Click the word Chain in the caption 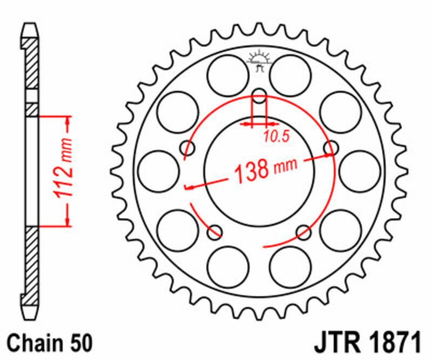[34, 344]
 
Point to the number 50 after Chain [81, 344]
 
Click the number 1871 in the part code [393, 344]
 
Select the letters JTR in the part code [337, 344]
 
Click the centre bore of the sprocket [259, 184]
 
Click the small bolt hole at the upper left [188, 148]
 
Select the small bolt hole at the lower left [215, 232]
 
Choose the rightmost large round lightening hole [360, 169]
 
